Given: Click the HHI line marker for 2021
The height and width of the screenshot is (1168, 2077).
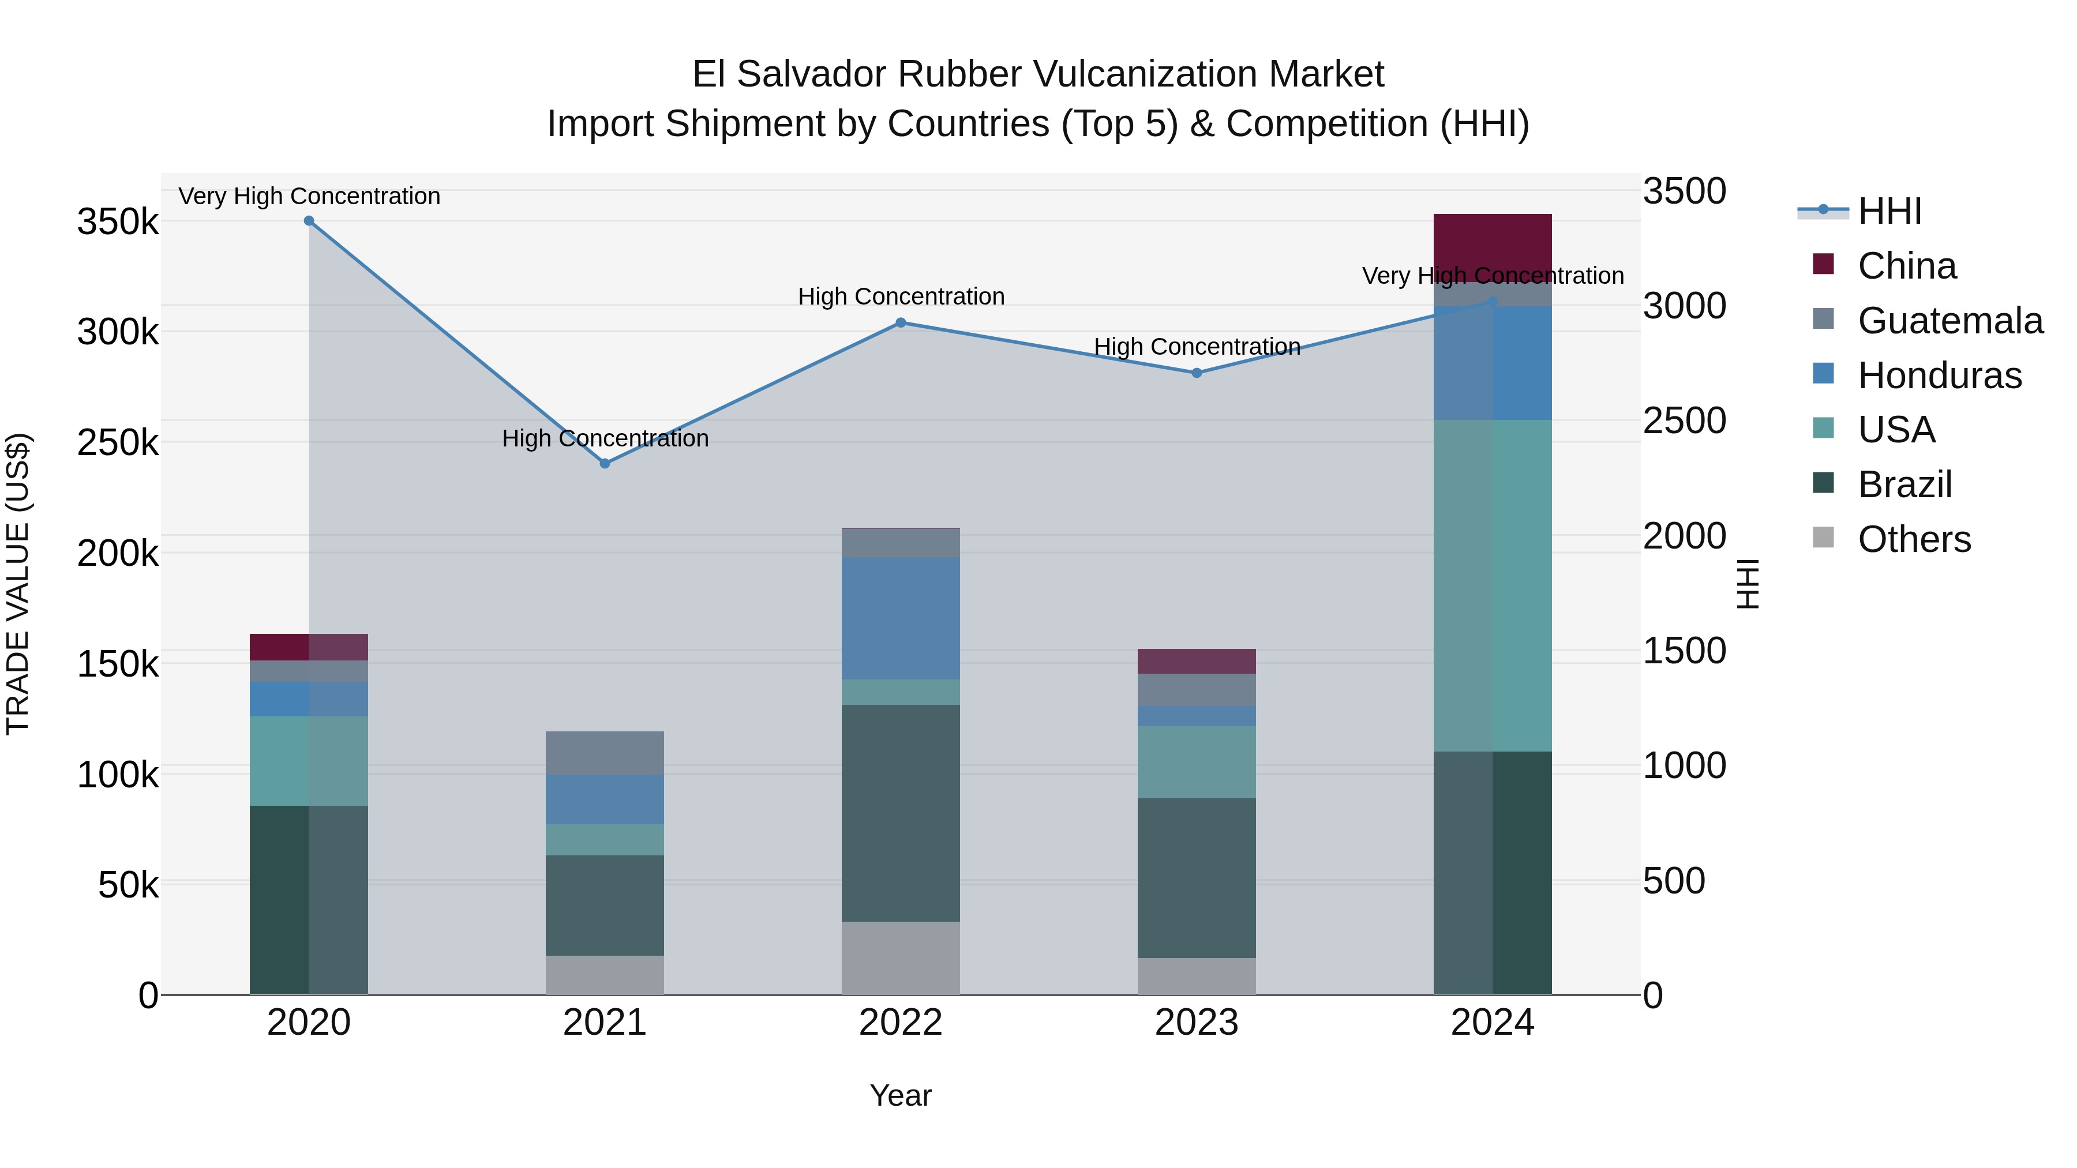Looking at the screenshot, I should (605, 464).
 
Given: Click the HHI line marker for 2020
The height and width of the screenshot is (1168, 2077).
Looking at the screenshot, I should (309, 221).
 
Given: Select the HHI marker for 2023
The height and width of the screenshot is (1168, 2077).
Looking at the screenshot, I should (1197, 373).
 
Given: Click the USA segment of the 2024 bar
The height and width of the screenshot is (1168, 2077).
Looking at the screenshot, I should (1493, 585).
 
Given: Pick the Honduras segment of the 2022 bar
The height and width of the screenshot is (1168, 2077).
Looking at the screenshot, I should (901, 618).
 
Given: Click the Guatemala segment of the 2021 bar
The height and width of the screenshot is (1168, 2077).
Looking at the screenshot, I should (605, 753).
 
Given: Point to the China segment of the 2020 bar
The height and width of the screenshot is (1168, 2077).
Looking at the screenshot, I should (309, 647).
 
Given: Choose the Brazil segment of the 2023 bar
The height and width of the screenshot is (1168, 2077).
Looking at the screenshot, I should (1197, 878).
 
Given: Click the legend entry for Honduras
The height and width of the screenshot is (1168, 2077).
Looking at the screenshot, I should (1939, 375).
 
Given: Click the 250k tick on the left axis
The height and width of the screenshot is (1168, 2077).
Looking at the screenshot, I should (118, 442).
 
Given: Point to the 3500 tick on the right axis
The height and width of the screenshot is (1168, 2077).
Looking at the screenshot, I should (1684, 192).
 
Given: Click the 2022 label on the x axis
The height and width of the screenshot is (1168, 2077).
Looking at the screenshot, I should (901, 1023).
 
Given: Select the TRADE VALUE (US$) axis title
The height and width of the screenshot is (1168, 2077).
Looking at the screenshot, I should (18, 584).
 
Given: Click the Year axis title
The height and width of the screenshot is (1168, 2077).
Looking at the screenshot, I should (901, 1095).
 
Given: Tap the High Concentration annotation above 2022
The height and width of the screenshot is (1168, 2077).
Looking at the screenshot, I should (901, 296).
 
